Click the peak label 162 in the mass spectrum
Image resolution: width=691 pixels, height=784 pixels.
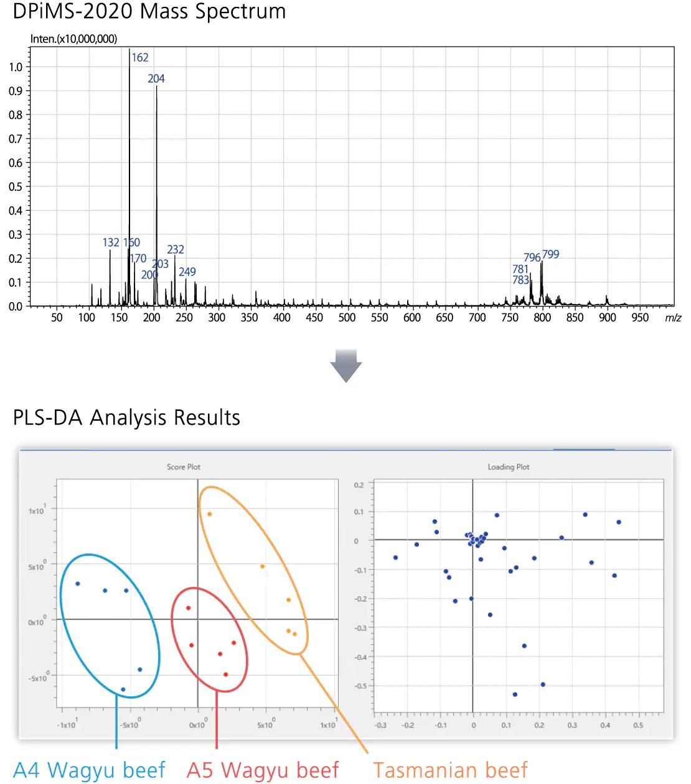coord(140,58)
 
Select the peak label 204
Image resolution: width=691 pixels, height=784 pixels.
coord(156,79)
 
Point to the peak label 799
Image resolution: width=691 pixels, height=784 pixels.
coord(550,254)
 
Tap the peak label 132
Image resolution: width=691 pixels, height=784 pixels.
coord(111,242)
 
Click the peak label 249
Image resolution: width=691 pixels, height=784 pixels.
coord(187,272)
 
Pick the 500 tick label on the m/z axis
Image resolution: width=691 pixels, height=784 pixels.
coord(347,318)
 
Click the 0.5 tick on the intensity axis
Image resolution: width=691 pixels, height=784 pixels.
coord(16,187)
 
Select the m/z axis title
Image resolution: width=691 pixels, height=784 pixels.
coord(673,318)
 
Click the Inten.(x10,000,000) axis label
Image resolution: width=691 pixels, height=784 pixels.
coord(73,39)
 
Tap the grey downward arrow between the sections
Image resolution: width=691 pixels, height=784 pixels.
coord(345,366)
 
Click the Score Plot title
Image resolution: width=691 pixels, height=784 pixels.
coord(184,467)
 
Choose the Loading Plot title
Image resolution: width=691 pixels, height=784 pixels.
coord(509,467)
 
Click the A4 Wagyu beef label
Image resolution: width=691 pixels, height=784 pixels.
coord(89,770)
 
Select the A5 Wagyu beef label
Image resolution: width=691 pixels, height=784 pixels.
coord(263,770)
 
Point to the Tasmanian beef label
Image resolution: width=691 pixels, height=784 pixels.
coord(450,770)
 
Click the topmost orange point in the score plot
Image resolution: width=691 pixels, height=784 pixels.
coord(210,514)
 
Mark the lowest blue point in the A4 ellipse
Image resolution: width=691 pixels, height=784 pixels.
coord(123,689)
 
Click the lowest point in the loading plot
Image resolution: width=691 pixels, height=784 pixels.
coord(515,694)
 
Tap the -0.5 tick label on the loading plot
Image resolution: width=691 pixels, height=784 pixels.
coord(359,686)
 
